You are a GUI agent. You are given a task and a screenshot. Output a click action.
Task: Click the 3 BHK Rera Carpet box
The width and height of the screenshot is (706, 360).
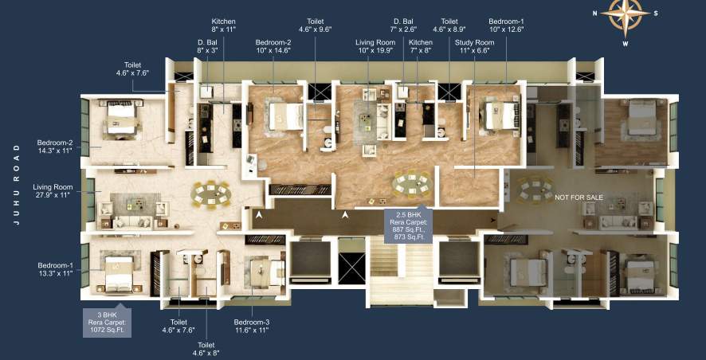108,322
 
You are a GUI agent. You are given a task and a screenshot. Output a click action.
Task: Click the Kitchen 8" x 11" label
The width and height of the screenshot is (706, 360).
224,25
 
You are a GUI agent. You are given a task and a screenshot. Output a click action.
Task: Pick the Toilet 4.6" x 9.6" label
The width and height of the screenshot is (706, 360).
314,25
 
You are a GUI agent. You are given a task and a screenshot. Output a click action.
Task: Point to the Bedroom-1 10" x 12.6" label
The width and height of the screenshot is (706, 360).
507,25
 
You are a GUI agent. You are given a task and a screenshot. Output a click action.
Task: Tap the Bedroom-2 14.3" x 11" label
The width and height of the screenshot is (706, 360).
55,146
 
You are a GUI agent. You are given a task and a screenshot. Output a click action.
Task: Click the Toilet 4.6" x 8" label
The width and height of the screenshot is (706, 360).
208,348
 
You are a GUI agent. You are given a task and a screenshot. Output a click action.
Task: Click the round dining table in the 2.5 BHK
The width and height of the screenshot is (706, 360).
409,184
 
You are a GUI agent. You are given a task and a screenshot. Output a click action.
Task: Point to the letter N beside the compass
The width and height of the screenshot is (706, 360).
595,13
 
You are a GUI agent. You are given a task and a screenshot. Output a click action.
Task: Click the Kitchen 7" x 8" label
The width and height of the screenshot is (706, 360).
421,46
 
